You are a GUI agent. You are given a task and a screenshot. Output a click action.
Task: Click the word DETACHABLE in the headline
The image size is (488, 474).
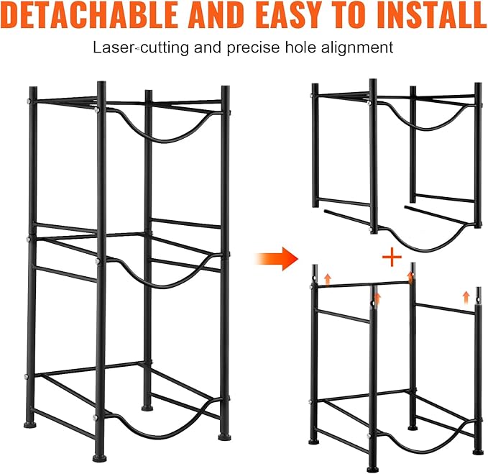pyautogui.click(x=90, y=15)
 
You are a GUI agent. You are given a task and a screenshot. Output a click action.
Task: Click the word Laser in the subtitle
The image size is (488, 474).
pyautogui.click(x=114, y=47)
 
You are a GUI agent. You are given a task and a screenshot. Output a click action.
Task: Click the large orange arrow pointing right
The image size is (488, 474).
pyautogui.click(x=277, y=258)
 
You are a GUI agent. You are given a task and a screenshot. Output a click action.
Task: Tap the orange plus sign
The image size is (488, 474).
pyautogui.click(x=392, y=257)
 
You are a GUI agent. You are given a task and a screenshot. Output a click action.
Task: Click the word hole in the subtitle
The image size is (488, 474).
pyautogui.click(x=300, y=47)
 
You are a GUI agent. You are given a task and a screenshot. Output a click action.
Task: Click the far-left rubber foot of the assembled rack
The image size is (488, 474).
pyautogui.click(x=30, y=424)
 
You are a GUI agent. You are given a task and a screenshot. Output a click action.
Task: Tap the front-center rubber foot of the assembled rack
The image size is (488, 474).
pyautogui.click(x=99, y=458)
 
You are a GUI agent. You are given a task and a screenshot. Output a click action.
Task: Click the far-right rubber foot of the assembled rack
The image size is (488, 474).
pyautogui.click(x=224, y=437)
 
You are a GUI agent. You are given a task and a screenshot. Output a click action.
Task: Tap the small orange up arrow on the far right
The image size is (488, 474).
pyautogui.click(x=466, y=297)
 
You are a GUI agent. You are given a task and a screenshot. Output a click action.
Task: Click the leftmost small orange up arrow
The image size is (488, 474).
pyautogui.click(x=328, y=280)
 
